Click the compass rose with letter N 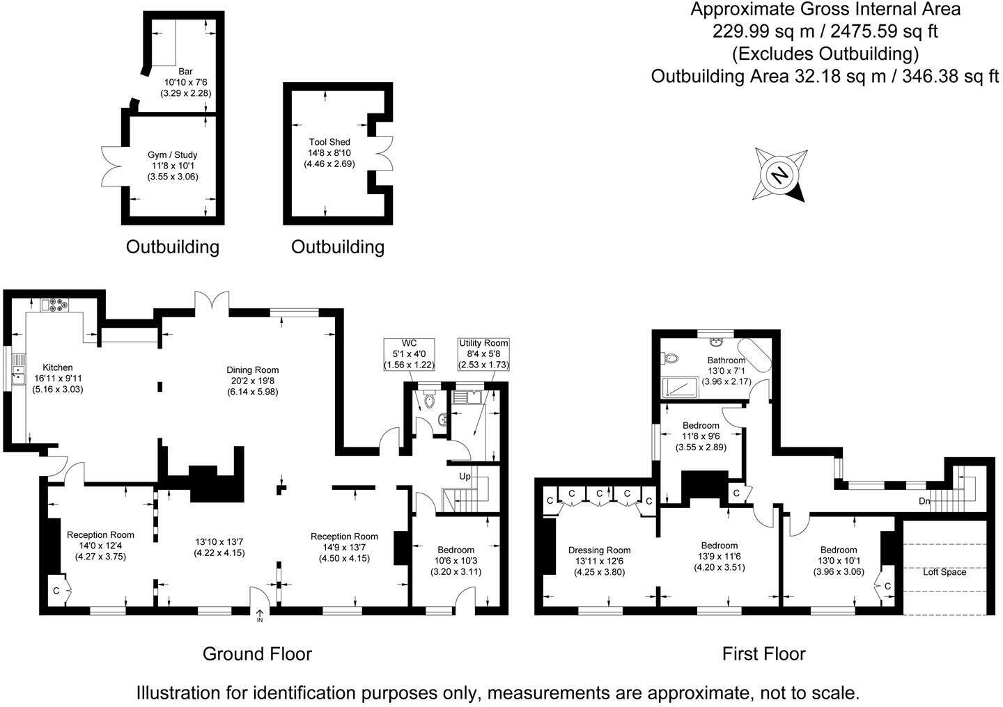[780, 175]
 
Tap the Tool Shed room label [329, 142]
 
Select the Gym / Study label [172, 155]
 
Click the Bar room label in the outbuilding [185, 72]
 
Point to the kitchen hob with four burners [56, 304]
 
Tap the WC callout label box [409, 354]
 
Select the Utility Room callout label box [483, 354]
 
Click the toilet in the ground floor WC [428, 399]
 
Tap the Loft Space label [944, 572]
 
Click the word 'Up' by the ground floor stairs [465, 477]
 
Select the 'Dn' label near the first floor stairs [924, 501]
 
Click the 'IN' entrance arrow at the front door [260, 615]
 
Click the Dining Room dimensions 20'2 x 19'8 [252, 381]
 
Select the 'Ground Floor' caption [257, 653]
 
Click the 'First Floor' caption [763, 653]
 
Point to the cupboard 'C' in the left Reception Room [56, 591]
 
